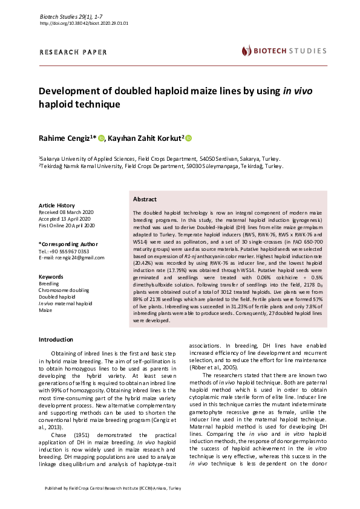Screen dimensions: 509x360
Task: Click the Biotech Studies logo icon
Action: pos(246,51)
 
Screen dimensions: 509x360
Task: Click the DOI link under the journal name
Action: pos(83,23)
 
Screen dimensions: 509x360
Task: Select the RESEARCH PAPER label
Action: pos(73,53)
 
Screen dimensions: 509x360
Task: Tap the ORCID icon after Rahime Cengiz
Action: pos(101,139)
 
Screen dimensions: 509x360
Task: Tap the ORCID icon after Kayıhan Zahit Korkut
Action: pos(188,139)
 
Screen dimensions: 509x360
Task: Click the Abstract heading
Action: pos(145,199)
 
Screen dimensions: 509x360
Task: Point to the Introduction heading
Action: pos(56,340)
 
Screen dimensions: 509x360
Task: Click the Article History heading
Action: pos(57,206)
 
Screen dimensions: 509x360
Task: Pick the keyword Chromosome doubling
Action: pos(65,290)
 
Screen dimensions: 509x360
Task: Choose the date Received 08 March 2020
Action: pos(67,212)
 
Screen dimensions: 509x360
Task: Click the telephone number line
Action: pos(64,251)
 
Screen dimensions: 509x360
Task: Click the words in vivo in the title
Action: pos(298,91)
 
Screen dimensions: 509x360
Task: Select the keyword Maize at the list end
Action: pos(45,310)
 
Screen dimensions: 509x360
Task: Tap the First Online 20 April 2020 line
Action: pos(67,225)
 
